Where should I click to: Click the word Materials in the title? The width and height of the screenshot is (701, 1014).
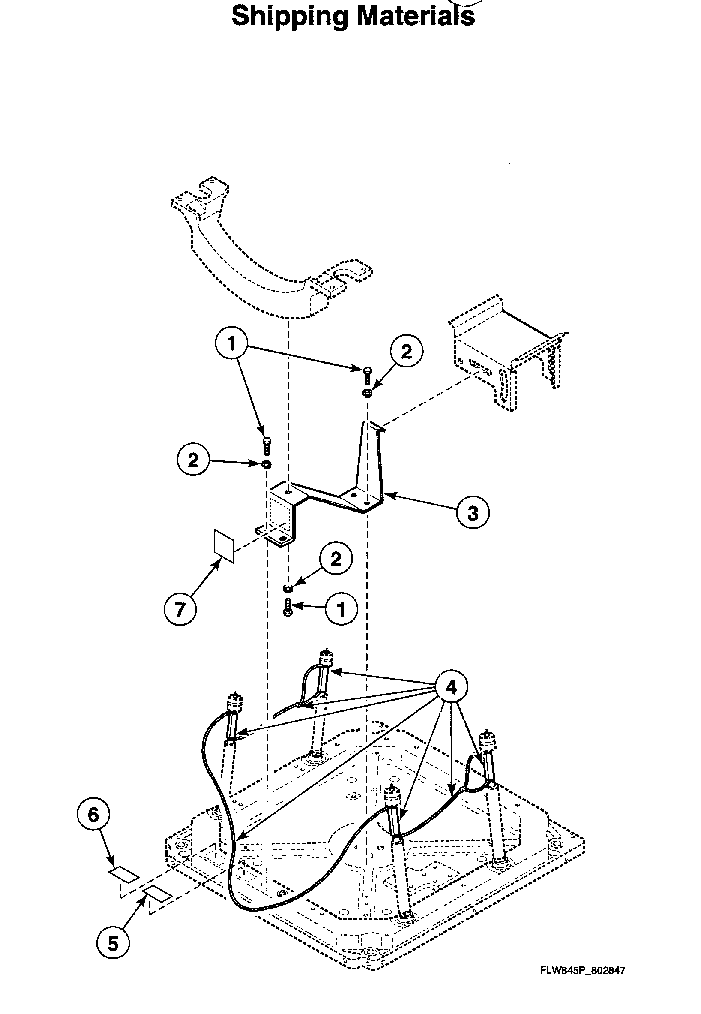click(x=416, y=17)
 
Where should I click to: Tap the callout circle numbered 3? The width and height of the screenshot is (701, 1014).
click(x=473, y=512)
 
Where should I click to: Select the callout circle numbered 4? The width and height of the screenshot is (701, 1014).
click(x=451, y=687)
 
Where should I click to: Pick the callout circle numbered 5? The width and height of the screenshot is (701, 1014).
click(x=113, y=956)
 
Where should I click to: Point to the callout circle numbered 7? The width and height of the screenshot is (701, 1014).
click(x=180, y=609)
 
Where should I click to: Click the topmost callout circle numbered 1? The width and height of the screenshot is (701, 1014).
click(x=231, y=344)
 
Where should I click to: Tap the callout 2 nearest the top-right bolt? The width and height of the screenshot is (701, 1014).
click(x=407, y=352)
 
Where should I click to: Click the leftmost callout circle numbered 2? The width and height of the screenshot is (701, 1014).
click(x=193, y=460)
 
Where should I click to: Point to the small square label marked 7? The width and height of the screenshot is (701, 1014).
click(x=224, y=545)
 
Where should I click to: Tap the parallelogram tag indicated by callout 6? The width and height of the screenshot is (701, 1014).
click(x=124, y=875)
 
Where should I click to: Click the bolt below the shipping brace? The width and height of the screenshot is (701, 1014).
click(x=288, y=608)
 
